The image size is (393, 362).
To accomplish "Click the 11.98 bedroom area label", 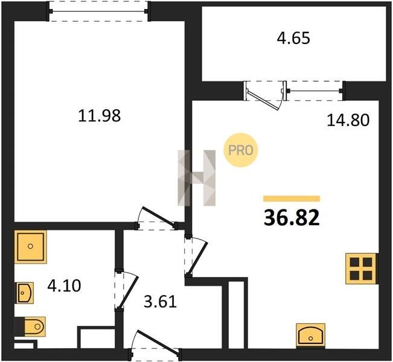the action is [x=100, y=116].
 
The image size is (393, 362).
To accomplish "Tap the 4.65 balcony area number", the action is [x=293, y=39].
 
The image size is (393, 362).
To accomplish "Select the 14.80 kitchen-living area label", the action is [x=348, y=119].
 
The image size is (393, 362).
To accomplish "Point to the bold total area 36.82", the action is [x=292, y=217].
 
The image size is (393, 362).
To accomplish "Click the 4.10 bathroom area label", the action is [x=64, y=285].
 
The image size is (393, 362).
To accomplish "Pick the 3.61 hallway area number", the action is [x=161, y=302].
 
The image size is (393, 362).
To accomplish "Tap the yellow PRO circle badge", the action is [x=241, y=150].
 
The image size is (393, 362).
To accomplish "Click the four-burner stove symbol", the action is [x=361, y=268].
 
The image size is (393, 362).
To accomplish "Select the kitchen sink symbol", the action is [x=311, y=336].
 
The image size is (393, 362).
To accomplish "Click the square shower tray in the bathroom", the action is [x=31, y=247].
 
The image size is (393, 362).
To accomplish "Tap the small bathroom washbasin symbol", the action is [x=25, y=293].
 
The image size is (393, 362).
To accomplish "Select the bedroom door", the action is [x=156, y=218].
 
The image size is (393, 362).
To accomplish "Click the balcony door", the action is [x=265, y=95].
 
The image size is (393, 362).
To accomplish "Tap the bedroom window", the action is [x=99, y=11].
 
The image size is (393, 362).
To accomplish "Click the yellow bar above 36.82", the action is [x=292, y=198].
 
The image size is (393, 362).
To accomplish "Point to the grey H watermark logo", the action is [x=197, y=178].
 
